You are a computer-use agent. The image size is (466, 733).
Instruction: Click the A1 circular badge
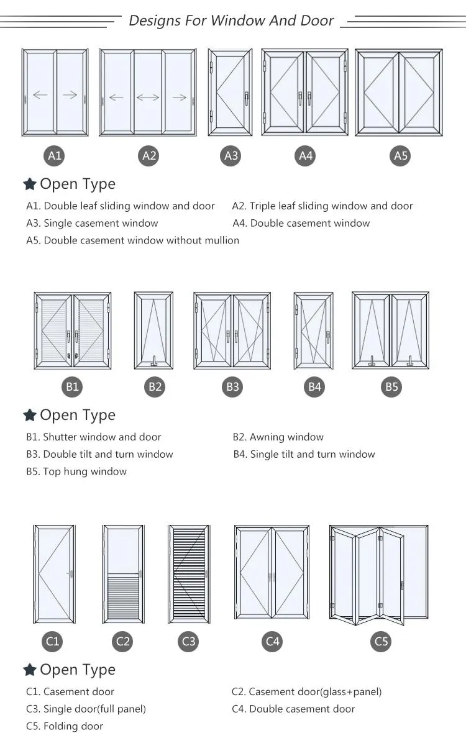pyautogui.click(x=55, y=155)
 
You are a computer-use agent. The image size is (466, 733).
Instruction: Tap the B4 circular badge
pyautogui.click(x=315, y=387)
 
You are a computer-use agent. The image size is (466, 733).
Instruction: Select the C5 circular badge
pyautogui.click(x=381, y=641)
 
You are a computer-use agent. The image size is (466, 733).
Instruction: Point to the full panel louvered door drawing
pyautogui.click(x=188, y=574)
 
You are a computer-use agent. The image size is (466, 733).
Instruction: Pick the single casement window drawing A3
pyautogui.click(x=231, y=92)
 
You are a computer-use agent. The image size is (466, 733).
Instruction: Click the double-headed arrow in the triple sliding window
pyautogui.click(x=148, y=97)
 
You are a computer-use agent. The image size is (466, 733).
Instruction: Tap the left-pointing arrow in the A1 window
pyautogui.click(x=40, y=95)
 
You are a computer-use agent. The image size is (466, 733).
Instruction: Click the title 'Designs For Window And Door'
pyautogui.click(x=231, y=20)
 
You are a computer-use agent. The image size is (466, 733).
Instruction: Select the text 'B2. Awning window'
pyautogui.click(x=278, y=437)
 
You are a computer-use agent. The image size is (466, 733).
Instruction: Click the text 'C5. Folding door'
pyautogui.click(x=65, y=726)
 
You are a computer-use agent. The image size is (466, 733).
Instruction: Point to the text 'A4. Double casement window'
pyautogui.click(x=301, y=223)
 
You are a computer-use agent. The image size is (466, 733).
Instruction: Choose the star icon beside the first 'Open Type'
pyautogui.click(x=29, y=184)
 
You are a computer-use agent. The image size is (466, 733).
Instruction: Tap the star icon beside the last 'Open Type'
pyautogui.click(x=29, y=670)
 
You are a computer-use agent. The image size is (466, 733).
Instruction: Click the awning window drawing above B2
pyautogui.click(x=153, y=330)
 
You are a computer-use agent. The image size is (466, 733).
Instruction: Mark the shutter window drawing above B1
pyautogui.click(x=73, y=330)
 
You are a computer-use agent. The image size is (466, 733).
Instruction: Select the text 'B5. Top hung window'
pyautogui.click(x=76, y=471)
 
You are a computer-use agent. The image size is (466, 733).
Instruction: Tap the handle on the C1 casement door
pyautogui.click(x=72, y=572)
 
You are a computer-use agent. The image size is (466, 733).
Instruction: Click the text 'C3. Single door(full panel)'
pyautogui.click(x=86, y=709)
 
